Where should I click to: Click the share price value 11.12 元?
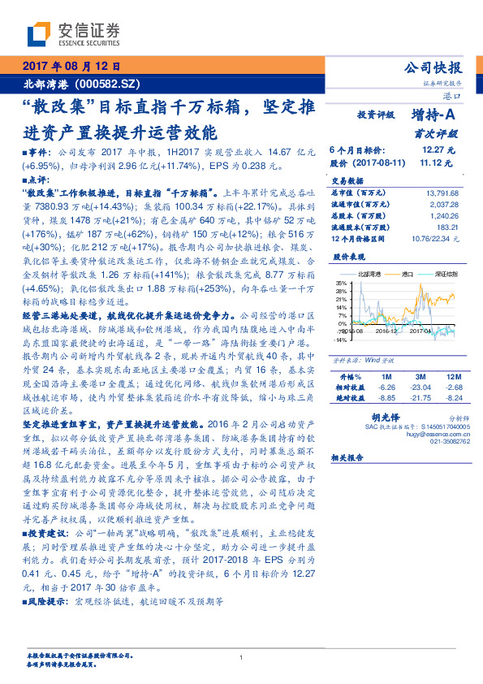pyautogui.click(x=438, y=162)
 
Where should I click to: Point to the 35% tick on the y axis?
pyautogui.click(x=341, y=283)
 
